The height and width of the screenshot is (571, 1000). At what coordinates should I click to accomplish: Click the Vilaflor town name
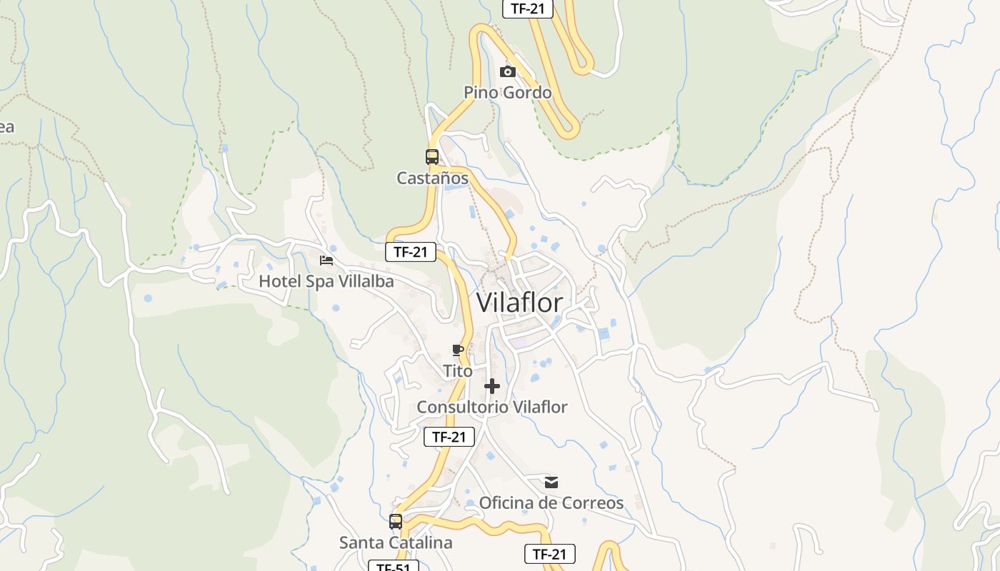click(519, 303)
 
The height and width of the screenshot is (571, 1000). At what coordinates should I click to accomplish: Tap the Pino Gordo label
click(508, 92)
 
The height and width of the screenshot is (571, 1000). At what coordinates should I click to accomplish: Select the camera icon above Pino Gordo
click(508, 71)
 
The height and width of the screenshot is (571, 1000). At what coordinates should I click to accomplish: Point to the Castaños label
click(433, 178)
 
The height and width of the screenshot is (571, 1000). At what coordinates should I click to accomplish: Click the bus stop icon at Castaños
click(432, 157)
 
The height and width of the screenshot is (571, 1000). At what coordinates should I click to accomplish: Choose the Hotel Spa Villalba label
click(326, 281)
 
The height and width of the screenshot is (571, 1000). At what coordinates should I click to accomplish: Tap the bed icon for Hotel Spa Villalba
click(326, 261)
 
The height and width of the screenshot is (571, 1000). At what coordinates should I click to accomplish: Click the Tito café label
click(458, 371)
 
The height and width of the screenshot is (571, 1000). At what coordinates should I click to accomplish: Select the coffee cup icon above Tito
click(458, 350)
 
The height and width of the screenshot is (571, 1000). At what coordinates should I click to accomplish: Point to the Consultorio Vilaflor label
click(492, 407)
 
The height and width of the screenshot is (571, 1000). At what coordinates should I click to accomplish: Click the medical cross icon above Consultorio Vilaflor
click(492, 386)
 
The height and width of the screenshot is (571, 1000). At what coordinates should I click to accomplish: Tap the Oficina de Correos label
click(551, 502)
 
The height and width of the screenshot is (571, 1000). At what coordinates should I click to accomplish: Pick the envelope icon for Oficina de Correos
click(551, 482)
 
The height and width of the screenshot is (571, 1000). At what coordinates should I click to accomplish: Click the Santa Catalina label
click(396, 542)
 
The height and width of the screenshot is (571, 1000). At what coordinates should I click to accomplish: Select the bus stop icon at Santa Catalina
click(396, 522)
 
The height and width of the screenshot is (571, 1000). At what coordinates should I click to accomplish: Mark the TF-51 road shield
click(394, 567)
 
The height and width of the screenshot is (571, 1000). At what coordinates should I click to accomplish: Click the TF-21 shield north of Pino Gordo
click(528, 9)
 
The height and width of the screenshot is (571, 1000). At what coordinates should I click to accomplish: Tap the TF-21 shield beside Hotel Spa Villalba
click(411, 252)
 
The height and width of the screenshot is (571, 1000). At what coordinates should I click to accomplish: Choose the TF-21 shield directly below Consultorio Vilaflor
click(449, 437)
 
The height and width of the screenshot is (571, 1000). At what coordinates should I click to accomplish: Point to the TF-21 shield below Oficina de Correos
click(549, 554)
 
